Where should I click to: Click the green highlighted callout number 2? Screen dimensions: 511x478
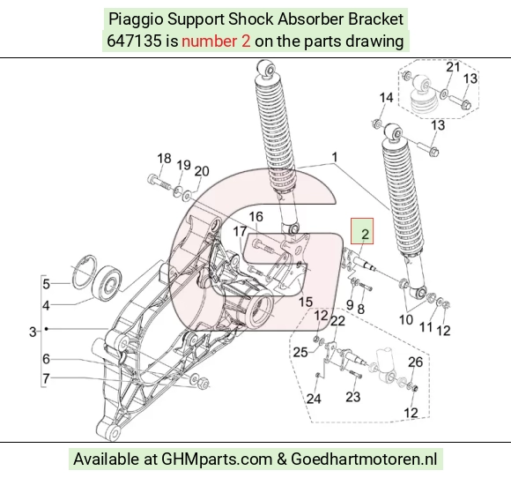pos(365,234)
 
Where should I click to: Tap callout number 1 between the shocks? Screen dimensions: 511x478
pos(335,157)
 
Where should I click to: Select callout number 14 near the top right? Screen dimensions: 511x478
pos(386,98)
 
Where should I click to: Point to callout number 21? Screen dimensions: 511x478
pos(453,67)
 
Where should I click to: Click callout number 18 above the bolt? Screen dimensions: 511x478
pos(164,158)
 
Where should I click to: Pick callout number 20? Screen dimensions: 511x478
pos(202,171)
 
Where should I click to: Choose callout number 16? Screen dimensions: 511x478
pos(255,217)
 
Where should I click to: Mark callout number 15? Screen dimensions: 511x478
pos(306,302)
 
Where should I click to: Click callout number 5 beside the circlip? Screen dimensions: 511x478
pos(47,284)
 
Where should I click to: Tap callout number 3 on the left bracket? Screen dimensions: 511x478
pos(33,332)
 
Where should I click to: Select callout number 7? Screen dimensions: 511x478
pos(46,378)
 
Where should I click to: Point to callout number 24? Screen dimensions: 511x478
pos(314,399)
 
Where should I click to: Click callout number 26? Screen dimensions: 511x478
pos(415,362)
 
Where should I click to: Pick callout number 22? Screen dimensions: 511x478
pos(337,321)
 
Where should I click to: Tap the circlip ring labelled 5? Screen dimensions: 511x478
pos(85,272)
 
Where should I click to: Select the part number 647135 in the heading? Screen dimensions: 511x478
pos(134,41)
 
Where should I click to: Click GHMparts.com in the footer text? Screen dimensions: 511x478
pos(217,459)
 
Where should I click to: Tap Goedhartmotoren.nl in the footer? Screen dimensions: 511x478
pos(364,459)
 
